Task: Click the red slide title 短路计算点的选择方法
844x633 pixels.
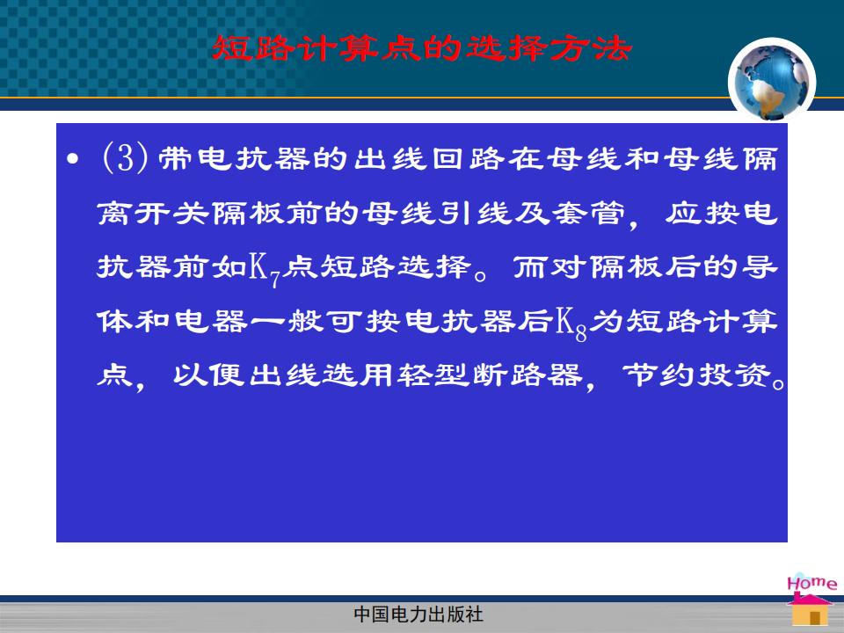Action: coord(421,48)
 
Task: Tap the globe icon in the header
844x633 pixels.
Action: coord(772,81)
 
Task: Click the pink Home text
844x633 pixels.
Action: coord(811,584)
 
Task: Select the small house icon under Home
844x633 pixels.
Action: coord(810,610)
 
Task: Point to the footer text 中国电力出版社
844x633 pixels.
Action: coord(418,615)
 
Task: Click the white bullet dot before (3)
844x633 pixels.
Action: coord(73,159)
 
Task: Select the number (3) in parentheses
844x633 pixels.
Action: coord(125,157)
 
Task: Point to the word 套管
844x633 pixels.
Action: coord(589,213)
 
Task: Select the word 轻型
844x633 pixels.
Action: coord(433,375)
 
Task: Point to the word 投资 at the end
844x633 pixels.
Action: coord(734,375)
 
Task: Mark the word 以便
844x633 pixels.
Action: coord(210,375)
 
